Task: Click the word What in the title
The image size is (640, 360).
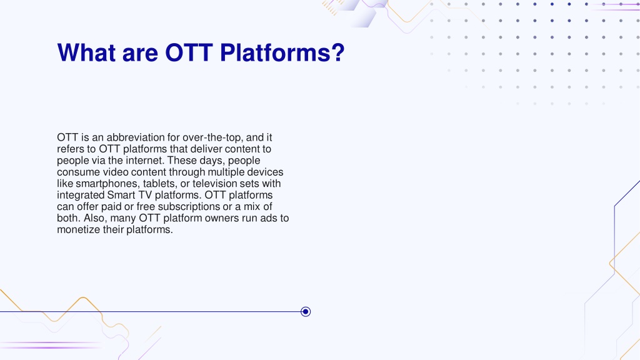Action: [x=86, y=52]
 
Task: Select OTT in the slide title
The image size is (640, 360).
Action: [x=189, y=52]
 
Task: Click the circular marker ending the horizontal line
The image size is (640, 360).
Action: [x=305, y=312]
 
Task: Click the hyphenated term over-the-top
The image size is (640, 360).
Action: [x=212, y=137]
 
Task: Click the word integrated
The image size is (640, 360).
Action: [x=81, y=195]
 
